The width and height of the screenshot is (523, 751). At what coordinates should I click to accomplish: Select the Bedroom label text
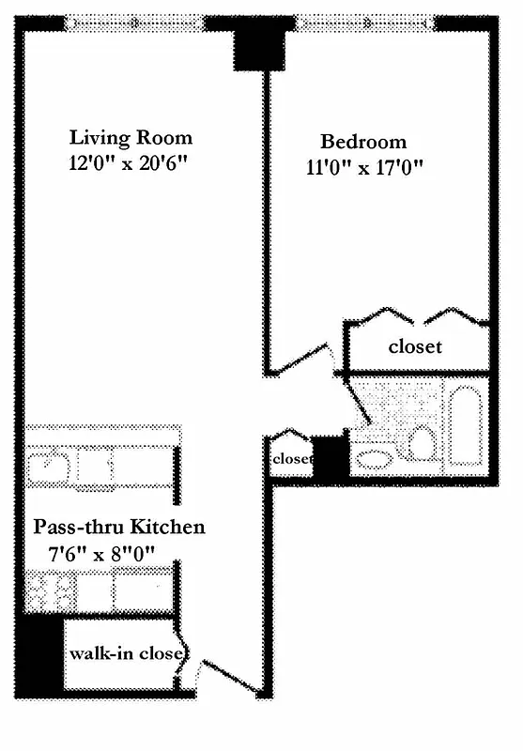[363, 142]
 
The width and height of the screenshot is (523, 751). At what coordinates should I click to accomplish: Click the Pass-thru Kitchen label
[118, 527]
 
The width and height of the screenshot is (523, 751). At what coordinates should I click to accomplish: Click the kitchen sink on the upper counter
[46, 467]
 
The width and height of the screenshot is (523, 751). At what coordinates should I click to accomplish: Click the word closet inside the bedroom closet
[415, 346]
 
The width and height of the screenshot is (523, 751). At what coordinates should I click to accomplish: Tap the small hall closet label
[291, 459]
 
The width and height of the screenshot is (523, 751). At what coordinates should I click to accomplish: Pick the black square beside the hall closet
[330, 458]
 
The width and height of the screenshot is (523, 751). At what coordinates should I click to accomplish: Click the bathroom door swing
[358, 404]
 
